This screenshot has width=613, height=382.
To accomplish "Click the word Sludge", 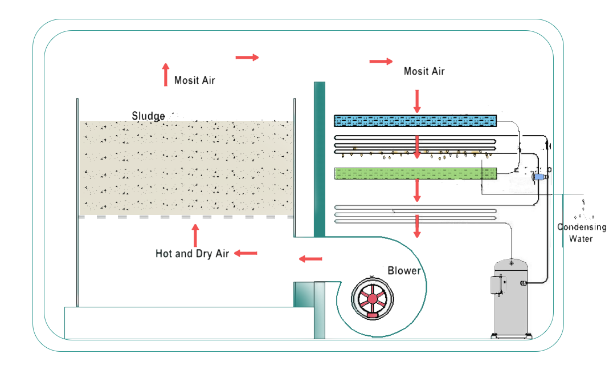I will pyautogui.click(x=148, y=116).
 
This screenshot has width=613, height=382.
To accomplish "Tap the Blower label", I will pyautogui.click(x=404, y=270).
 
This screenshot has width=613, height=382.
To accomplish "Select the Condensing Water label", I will pyautogui.click(x=581, y=233).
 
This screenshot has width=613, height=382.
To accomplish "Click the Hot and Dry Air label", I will pyautogui.click(x=192, y=254).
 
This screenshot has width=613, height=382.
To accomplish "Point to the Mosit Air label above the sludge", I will pyautogui.click(x=195, y=80).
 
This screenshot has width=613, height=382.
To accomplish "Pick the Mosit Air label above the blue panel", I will pyautogui.click(x=424, y=71).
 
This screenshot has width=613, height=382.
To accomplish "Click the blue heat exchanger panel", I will pyautogui.click(x=415, y=120).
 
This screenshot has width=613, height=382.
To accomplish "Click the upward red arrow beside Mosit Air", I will pyautogui.click(x=166, y=74).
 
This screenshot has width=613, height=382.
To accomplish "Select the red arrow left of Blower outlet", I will pyautogui.click(x=310, y=260).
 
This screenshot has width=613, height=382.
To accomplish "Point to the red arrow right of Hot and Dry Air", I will pyautogui.click(x=246, y=253).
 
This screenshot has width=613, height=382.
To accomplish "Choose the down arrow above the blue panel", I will pyautogui.click(x=417, y=100).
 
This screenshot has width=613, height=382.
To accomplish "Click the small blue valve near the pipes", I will pyautogui.click(x=539, y=177).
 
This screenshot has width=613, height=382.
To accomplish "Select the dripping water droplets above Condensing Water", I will pyautogui.click(x=583, y=211).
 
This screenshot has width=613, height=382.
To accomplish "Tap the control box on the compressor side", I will pyautogui.click(x=496, y=285).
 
